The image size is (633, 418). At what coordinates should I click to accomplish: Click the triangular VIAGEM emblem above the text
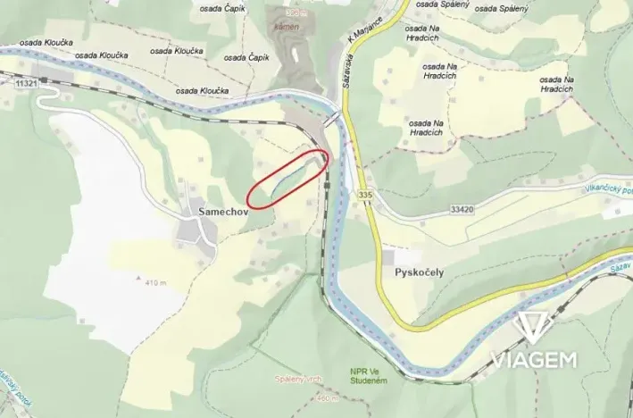[534, 327]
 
